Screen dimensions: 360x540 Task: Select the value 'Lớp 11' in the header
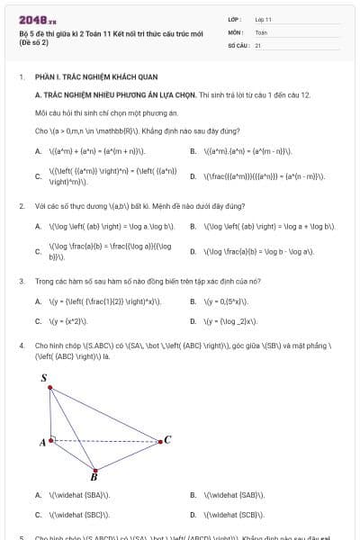click(264, 19)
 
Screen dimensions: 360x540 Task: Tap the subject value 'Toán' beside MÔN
click(261, 31)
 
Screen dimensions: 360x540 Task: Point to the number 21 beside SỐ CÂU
click(258, 44)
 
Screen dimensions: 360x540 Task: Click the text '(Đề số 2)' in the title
click(35, 42)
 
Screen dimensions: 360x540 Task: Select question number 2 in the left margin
click(21, 206)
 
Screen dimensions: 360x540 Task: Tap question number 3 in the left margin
click(21, 281)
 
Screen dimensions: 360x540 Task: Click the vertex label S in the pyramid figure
click(44, 379)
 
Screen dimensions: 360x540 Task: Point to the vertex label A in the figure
click(42, 443)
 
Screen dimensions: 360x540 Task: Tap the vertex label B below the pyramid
click(94, 478)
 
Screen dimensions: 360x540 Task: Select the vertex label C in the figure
click(167, 439)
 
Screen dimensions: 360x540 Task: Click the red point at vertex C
click(159, 441)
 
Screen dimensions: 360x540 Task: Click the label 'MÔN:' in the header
click(235, 31)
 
